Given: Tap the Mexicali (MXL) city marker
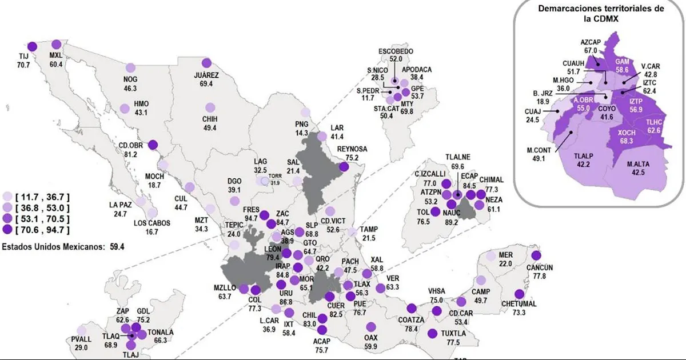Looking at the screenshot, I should tap(56, 44).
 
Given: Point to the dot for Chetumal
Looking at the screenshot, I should tap(519, 291).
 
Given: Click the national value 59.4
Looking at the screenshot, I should tap(117, 247).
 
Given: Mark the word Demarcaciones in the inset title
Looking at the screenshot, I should tap(568, 9).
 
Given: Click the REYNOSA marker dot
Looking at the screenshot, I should tap(344, 167).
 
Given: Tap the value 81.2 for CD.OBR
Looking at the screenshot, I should tap(135, 154).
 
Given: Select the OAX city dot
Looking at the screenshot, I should tap(372, 327).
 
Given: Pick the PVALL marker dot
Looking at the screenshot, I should tap(82, 330).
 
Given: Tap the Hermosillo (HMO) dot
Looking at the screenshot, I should tap(124, 108).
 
